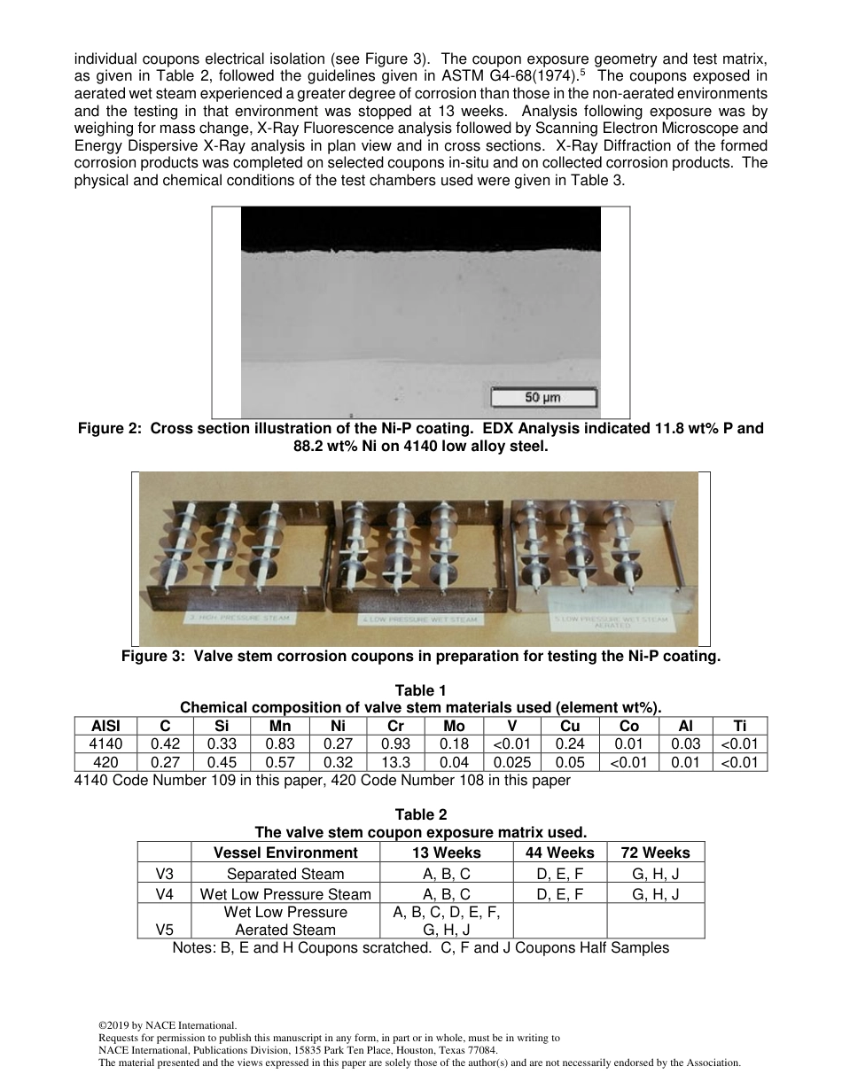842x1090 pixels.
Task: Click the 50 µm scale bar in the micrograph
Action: click(x=544, y=397)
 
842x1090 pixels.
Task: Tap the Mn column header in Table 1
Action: click(x=279, y=726)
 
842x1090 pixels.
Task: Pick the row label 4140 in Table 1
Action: click(x=106, y=744)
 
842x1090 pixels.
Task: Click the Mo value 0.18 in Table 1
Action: click(x=454, y=744)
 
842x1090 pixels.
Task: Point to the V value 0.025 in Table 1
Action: click(x=512, y=762)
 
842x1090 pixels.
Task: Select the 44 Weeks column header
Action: click(x=559, y=853)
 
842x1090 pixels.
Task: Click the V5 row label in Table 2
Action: click(x=164, y=930)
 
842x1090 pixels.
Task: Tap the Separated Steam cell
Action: click(x=285, y=874)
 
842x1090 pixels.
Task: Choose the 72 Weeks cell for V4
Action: click(x=655, y=894)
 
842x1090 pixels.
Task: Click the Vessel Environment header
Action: click(x=285, y=853)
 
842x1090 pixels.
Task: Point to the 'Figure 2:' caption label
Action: click(x=111, y=429)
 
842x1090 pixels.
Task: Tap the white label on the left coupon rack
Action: click(x=239, y=617)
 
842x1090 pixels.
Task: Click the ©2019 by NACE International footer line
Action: click(x=168, y=1025)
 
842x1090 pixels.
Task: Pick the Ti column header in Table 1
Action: click(x=739, y=726)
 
